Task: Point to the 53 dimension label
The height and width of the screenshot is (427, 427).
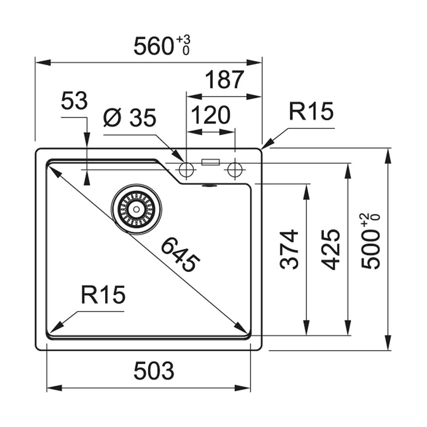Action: (x=74, y=101)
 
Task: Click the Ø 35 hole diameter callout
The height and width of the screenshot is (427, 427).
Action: (x=130, y=118)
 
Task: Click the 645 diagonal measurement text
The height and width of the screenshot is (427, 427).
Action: (x=180, y=254)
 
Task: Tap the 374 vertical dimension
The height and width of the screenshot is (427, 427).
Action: (x=289, y=249)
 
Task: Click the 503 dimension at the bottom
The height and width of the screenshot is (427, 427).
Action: (x=153, y=370)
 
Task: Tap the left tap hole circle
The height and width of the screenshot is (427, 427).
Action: (x=186, y=169)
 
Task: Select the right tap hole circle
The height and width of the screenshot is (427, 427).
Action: (x=235, y=169)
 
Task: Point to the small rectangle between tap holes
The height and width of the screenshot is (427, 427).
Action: (x=211, y=162)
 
